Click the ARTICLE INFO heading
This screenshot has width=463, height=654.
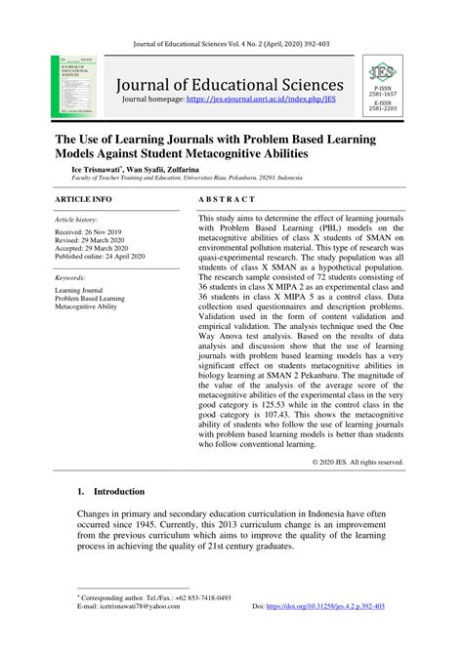coord(82,198)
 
